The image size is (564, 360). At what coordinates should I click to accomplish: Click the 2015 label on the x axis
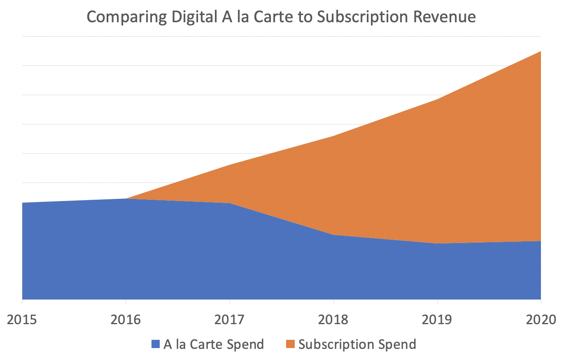pos(22,320)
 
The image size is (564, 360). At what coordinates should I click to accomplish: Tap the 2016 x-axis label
pos(126,320)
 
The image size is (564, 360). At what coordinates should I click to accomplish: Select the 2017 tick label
pos(229,320)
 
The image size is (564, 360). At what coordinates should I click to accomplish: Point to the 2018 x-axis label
pos(333,320)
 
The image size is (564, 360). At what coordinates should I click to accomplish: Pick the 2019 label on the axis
pos(437,320)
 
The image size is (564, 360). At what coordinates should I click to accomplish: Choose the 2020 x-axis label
pos(541,320)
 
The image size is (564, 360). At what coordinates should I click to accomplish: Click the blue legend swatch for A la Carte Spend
pos(156,344)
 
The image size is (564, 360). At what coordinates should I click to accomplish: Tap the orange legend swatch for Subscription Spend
pos(290,344)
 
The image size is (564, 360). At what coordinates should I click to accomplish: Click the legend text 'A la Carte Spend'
pos(214,344)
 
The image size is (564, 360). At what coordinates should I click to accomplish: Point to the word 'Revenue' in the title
pos(444,17)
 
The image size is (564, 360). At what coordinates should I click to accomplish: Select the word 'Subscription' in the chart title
pos(362,17)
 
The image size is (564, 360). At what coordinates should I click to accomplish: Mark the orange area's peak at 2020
pos(541,51)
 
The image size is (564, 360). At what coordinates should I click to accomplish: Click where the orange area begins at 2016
pos(126,199)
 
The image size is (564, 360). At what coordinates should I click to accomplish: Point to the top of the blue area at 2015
pos(22,203)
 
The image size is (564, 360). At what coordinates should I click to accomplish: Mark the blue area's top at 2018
pos(333,235)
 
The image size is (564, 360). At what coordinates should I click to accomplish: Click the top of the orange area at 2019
pos(437,99)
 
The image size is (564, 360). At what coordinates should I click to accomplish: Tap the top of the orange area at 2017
pos(230,165)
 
